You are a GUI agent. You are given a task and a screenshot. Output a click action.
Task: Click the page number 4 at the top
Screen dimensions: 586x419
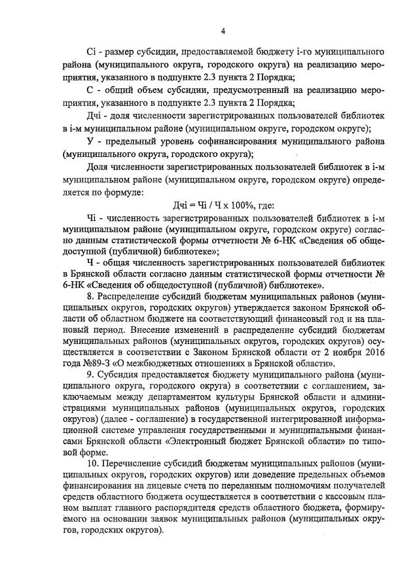223,30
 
